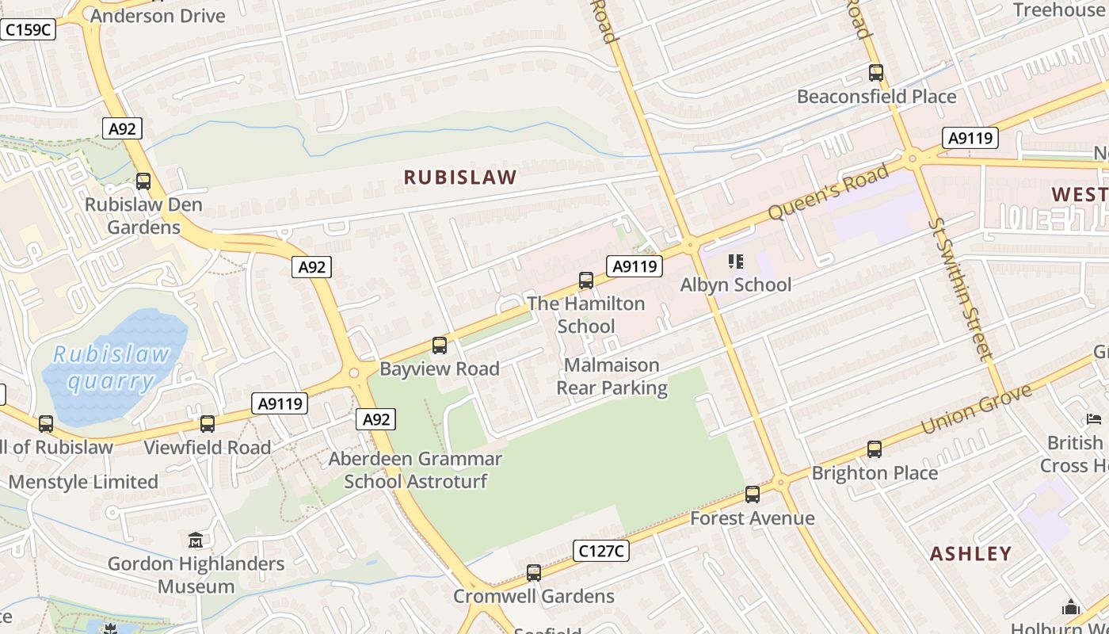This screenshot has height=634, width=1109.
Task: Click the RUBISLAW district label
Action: (460, 178)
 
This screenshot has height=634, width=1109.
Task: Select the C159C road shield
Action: (28, 30)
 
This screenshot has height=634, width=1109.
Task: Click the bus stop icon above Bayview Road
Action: (440, 346)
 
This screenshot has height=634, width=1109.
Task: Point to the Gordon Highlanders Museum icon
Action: (196, 540)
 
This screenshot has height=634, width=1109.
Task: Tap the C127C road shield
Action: (600, 551)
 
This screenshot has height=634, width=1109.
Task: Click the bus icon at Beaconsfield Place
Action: (875, 73)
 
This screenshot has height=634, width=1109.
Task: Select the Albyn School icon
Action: (735, 262)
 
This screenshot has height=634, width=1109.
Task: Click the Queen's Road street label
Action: (829, 192)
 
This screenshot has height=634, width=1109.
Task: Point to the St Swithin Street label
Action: (960, 289)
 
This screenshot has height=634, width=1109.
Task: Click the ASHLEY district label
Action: (970, 553)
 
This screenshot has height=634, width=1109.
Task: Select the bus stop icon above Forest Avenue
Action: (753, 495)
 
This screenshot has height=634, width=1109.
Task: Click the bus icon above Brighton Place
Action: (875, 449)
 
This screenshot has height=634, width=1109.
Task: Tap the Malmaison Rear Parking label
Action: (612, 376)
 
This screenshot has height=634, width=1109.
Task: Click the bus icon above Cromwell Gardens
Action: (534, 573)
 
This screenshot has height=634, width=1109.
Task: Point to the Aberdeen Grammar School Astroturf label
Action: (415, 470)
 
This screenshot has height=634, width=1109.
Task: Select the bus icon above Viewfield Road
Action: (208, 424)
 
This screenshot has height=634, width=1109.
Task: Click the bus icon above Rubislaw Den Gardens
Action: (143, 181)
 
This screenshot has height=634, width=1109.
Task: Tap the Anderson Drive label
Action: (158, 15)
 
